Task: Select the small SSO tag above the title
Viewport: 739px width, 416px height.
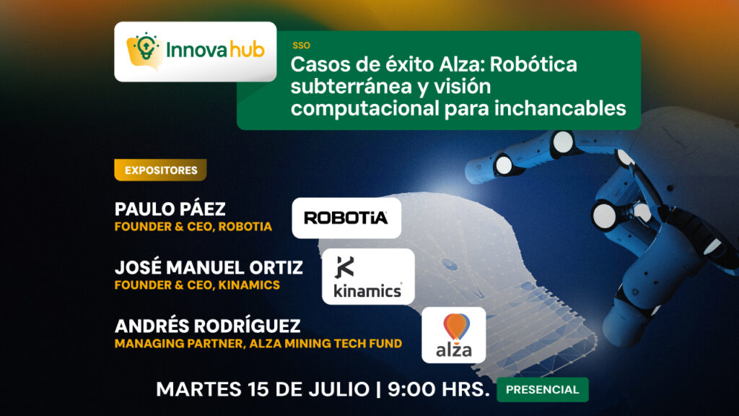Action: (301, 45)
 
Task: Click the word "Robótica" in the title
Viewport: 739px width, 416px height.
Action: (533, 64)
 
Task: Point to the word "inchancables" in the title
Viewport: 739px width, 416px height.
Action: (560, 108)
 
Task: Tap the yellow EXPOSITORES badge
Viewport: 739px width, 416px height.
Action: (160, 170)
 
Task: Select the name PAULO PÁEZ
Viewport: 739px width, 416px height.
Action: (170, 209)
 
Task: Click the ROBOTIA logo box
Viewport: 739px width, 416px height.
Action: (346, 218)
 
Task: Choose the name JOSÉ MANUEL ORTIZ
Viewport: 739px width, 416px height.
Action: (209, 267)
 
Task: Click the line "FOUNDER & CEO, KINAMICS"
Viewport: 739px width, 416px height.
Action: (198, 285)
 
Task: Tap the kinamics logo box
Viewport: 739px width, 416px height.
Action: (368, 277)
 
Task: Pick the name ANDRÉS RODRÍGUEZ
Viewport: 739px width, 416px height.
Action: (207, 326)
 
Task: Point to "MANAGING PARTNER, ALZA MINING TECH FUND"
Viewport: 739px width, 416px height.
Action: (258, 343)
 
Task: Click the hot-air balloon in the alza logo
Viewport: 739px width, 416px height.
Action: (456, 326)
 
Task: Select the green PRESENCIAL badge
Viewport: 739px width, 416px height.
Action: (543, 389)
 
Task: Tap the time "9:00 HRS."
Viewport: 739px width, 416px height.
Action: (439, 389)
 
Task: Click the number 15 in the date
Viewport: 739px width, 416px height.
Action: (258, 389)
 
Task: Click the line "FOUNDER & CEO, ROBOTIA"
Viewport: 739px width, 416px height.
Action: (193, 226)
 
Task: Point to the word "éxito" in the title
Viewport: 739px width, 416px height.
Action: (409, 64)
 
